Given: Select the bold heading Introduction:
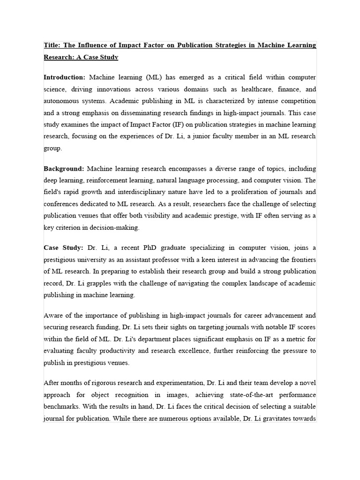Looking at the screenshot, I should coord(64,77).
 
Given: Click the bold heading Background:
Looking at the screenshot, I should coord(64,168).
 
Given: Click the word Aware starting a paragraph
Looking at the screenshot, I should coord(54,315).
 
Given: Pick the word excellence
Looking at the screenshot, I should coord(233,351).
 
